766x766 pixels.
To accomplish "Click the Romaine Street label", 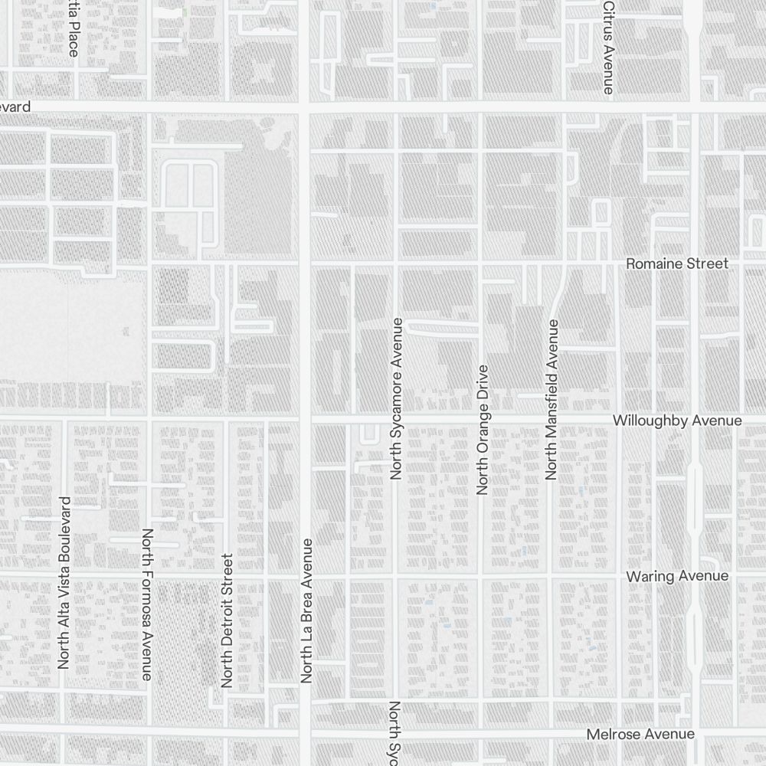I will click(677, 264).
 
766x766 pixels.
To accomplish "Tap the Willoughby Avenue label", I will click(677, 421).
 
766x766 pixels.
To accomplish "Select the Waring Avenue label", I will click(677, 576).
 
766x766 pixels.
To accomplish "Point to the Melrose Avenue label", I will click(640, 734).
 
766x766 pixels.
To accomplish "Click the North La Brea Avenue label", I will click(307, 611).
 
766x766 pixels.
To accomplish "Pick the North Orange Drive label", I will click(482, 430).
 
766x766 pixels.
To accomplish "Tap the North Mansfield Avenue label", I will click(552, 400).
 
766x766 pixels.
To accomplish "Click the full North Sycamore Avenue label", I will click(396, 398).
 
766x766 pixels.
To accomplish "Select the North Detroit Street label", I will click(226, 620).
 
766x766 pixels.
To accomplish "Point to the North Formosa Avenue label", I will click(147, 604).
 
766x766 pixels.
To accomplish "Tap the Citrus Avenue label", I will click(608, 47).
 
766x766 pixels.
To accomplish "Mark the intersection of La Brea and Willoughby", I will click(304, 419).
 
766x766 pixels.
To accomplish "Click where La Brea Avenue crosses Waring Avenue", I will click(304, 574).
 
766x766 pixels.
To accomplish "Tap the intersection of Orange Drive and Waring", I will click(480, 574).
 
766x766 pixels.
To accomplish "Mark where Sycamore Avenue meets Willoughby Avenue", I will click(395, 419).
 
